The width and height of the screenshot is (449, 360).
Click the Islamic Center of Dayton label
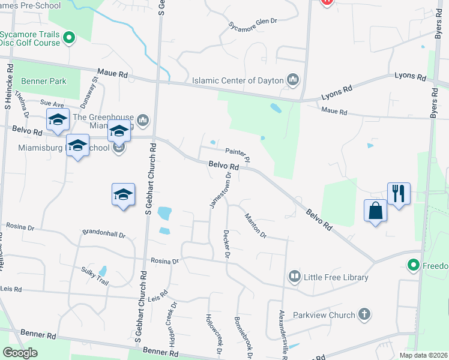pyautogui.click(x=238, y=80)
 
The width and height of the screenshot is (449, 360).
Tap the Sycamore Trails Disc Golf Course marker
pyautogui.click(x=69, y=38)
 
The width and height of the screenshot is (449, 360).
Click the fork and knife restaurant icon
pyautogui.click(x=399, y=193)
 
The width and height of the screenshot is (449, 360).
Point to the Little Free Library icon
pyautogui.click(x=294, y=277)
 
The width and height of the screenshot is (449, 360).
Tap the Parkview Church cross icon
pyautogui.click(x=364, y=314)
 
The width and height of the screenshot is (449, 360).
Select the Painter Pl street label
pyautogui.click(x=237, y=154)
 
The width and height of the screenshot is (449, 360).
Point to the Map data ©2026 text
pyautogui.click(x=423, y=355)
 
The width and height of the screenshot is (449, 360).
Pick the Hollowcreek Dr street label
pyautogui.click(x=210, y=333)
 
